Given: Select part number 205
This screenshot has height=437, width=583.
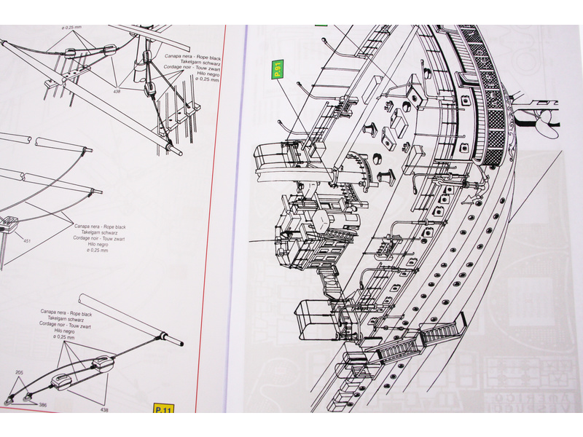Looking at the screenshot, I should pos(18,372).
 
